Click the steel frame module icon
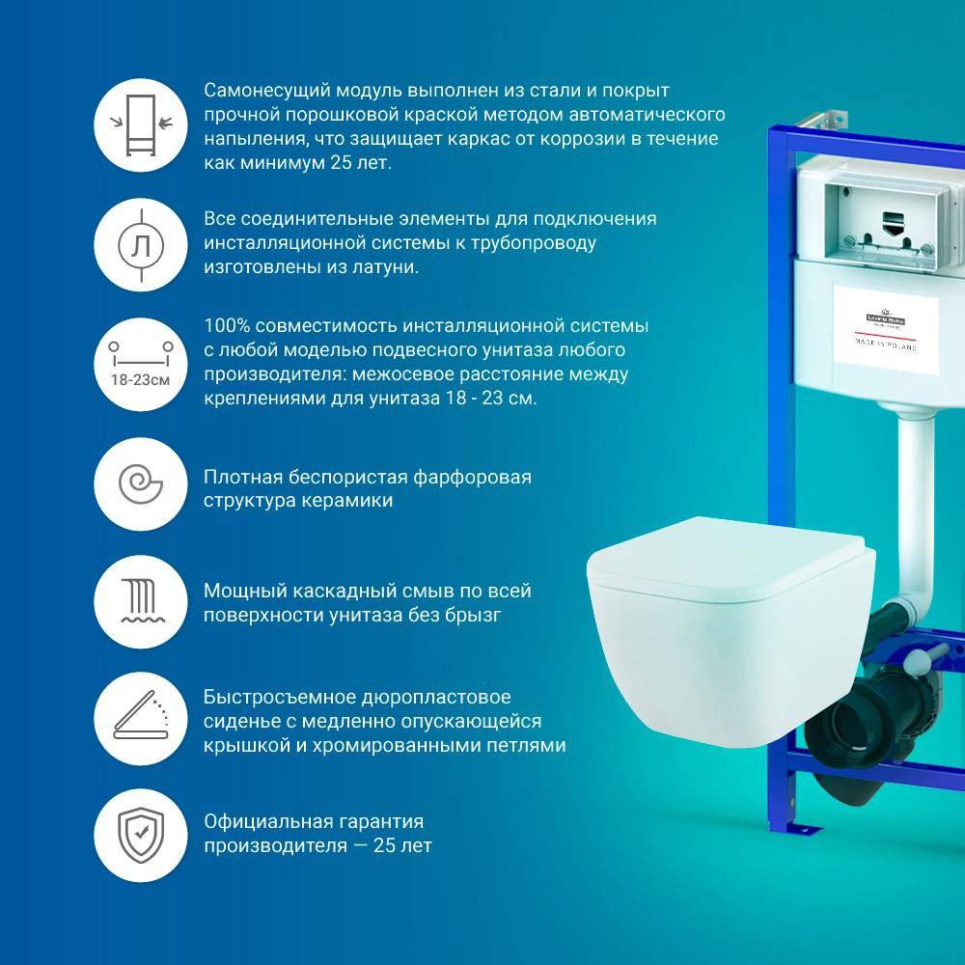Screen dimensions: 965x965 pyautogui.click(x=139, y=123)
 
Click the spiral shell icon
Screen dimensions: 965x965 pyautogui.click(x=139, y=481)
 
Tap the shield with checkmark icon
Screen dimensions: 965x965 pyautogui.click(x=139, y=835)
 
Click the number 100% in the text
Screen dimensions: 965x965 pyautogui.click(x=226, y=325)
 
